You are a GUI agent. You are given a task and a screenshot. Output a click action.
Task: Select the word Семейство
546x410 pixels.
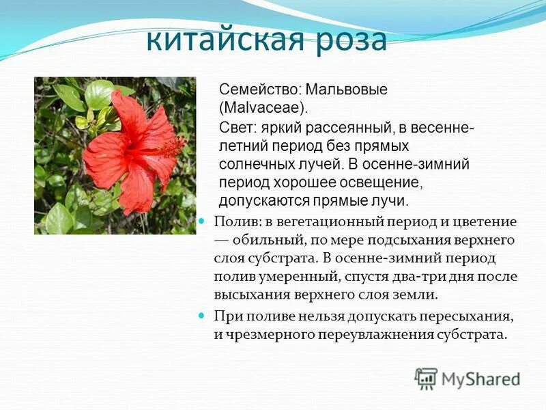259,90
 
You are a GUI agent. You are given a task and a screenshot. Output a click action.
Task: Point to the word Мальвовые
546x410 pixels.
346,90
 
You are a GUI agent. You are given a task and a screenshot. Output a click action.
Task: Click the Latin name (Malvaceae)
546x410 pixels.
263,108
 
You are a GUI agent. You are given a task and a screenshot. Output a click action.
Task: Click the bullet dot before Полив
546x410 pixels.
201,222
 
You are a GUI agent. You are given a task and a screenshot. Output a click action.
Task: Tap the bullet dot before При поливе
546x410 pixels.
201,316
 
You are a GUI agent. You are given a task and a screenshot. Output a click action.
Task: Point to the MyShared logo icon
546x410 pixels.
426,378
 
